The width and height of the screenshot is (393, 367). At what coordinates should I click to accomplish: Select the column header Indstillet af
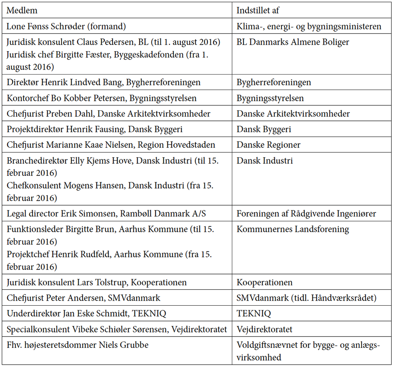pyautogui.click(x=258, y=11)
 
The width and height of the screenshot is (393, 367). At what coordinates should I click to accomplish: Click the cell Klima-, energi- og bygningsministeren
pyautogui.click(x=309, y=26)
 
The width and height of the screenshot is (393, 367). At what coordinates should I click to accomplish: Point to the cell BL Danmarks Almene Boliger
pyautogui.click(x=293, y=42)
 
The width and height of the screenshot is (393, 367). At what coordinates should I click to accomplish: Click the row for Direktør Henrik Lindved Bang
pyautogui.click(x=104, y=82)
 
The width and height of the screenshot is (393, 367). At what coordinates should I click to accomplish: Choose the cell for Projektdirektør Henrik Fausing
pyautogui.click(x=94, y=129)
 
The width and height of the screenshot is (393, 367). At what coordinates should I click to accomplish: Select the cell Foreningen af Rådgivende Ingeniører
pyautogui.click(x=306, y=214)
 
